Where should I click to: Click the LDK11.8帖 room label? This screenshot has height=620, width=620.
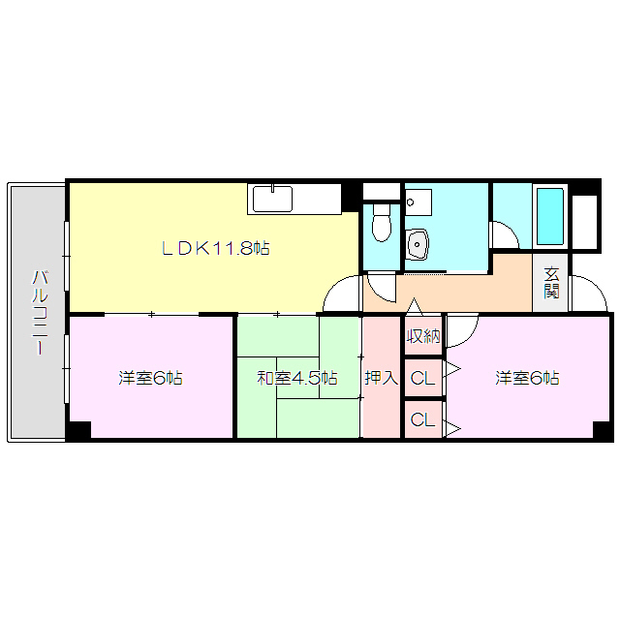click(215, 248)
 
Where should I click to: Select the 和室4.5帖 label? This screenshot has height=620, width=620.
click(297, 377)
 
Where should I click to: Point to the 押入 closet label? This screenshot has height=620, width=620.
click(382, 377)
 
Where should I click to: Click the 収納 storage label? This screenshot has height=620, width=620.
click(423, 337)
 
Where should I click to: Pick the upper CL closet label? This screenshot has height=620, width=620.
click(422, 378)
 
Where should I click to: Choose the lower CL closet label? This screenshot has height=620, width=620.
click(422, 419)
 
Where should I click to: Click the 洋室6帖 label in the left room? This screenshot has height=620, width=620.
click(151, 377)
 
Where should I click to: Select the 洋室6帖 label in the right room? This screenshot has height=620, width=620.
click(528, 377)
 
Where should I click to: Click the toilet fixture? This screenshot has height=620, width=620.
click(382, 223)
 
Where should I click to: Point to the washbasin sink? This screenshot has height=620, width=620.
click(418, 243)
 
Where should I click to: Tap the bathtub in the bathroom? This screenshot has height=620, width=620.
click(550, 216)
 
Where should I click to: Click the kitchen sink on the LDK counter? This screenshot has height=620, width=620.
click(273, 200)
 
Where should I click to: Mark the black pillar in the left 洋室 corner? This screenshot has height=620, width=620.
click(79, 429)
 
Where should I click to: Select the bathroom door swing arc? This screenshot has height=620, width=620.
click(504, 235)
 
